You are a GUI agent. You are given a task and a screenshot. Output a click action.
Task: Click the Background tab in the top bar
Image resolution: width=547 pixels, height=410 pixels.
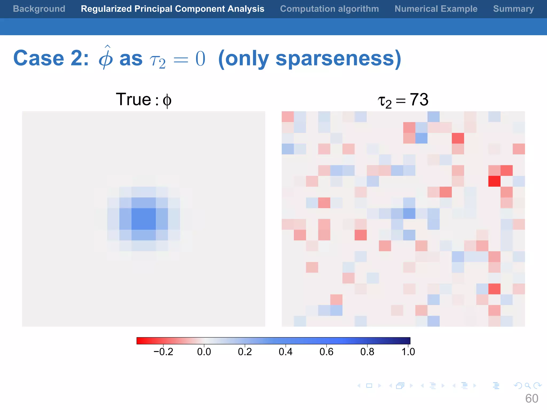[39, 9]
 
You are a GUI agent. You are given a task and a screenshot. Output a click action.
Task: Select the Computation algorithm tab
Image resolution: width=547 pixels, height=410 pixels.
[329, 9]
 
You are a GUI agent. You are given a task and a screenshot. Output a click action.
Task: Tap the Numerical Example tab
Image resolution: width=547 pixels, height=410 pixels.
[436, 9]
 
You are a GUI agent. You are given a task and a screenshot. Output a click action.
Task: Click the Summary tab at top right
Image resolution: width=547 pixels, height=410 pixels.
[513, 9]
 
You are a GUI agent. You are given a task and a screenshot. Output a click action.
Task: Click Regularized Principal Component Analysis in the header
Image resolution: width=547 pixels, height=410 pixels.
[173, 9]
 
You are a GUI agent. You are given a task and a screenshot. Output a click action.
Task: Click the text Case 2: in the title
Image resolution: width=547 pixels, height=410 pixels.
[51, 58]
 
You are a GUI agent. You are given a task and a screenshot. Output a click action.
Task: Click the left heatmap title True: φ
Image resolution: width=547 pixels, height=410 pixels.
[143, 100]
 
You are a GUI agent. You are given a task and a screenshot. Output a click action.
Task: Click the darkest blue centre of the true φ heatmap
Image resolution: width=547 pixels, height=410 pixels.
[143, 219]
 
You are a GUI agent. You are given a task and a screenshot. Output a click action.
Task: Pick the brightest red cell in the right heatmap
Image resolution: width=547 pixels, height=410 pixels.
[494, 181]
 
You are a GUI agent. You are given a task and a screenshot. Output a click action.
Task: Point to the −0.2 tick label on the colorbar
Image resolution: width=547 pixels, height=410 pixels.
[163, 352]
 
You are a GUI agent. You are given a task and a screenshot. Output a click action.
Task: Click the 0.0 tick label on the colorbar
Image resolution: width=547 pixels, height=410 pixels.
[204, 352]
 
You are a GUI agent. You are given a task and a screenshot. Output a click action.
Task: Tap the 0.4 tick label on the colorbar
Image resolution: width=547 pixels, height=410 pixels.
[286, 352]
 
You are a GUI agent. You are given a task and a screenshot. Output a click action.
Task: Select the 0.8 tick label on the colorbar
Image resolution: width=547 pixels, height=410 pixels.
[367, 352]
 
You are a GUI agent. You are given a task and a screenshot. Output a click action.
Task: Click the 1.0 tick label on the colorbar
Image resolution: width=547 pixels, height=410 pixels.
[408, 352]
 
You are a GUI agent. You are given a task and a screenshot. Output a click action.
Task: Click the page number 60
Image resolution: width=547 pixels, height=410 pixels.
[532, 399]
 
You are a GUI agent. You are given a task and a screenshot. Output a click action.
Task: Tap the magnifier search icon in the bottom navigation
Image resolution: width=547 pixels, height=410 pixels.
[528, 386]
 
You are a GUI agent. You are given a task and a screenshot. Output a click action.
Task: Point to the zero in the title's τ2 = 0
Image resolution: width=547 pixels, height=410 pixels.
[200, 59]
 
